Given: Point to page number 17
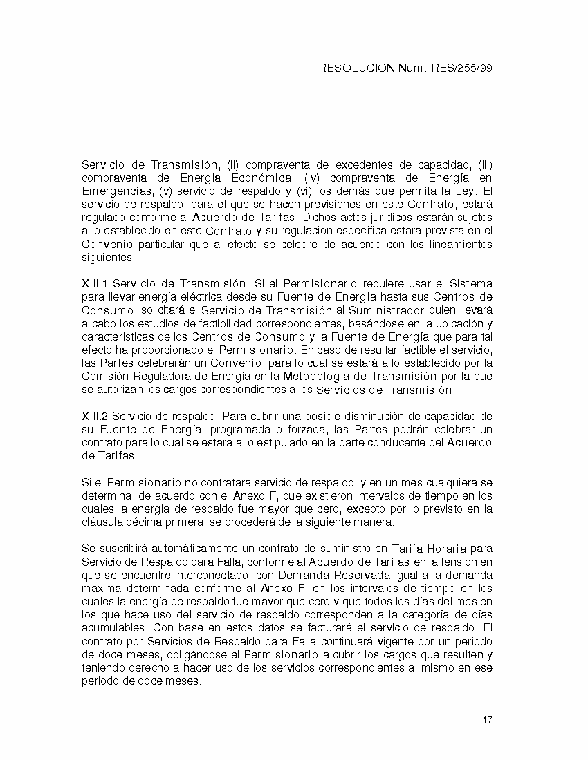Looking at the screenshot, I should click(x=488, y=720).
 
